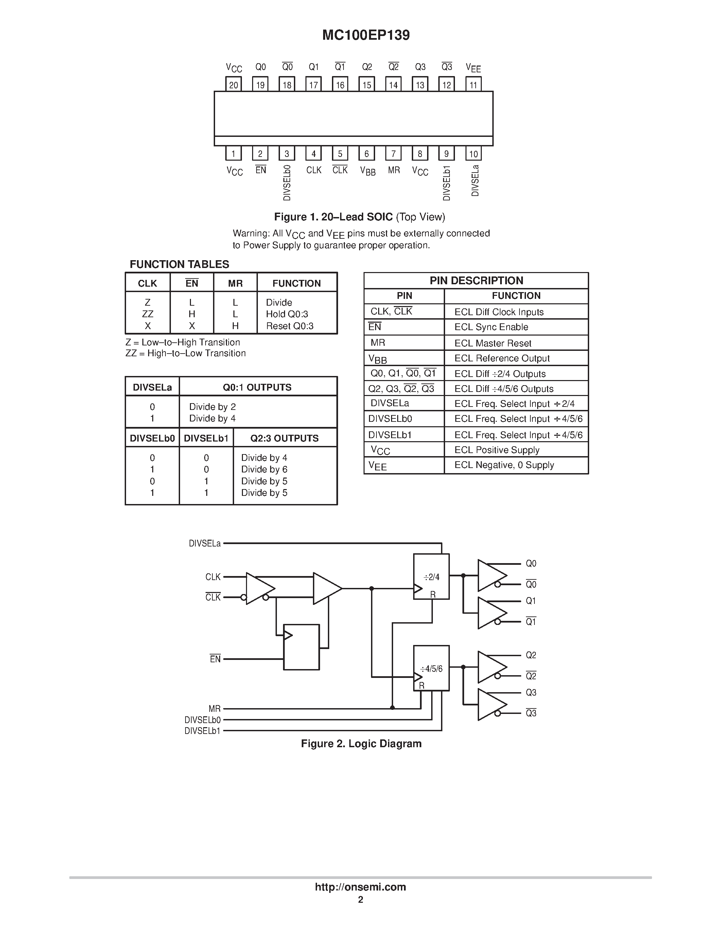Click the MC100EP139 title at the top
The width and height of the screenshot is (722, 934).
point(366,35)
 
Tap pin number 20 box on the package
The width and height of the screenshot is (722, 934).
point(233,84)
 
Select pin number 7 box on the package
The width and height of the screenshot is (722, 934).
point(393,154)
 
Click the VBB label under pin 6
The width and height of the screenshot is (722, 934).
point(367,171)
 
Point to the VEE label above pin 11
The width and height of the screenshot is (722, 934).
point(473,68)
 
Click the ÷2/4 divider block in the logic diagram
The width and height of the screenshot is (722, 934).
point(431,576)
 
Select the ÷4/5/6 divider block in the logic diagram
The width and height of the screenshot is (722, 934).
point(431,668)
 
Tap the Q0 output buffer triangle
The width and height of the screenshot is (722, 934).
point(491,575)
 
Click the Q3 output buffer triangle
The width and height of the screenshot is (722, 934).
point(491,704)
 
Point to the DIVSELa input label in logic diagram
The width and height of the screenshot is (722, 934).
point(205,543)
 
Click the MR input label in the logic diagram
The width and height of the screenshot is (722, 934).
point(214,708)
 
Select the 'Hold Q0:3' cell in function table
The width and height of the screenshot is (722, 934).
point(286,314)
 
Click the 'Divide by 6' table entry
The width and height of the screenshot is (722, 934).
point(264,469)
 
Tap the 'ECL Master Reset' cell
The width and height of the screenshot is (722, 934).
point(493,343)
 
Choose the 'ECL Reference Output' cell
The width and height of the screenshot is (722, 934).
point(502,358)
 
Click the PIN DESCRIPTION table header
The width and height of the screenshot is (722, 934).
point(476,281)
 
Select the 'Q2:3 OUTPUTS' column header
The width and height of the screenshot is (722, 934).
point(284,438)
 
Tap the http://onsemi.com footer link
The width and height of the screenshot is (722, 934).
point(360,887)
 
